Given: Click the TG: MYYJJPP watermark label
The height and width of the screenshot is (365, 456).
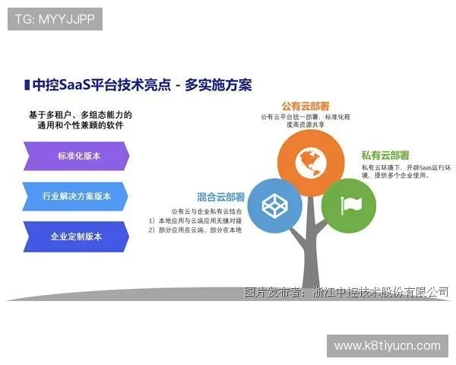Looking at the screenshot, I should [55, 19].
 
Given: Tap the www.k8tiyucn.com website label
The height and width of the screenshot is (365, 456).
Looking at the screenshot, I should [387, 346].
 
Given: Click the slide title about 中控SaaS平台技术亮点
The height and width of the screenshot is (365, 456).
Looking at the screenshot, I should [141, 84].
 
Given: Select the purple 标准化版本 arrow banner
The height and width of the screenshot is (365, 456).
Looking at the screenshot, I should [77, 157].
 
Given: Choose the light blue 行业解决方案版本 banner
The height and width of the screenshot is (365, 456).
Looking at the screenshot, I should [77, 196].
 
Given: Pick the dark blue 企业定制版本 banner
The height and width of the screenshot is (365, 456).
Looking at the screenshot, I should [76, 236].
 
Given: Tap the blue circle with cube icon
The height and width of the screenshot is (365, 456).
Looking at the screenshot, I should [274, 205].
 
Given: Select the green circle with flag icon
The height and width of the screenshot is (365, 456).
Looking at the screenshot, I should [348, 205].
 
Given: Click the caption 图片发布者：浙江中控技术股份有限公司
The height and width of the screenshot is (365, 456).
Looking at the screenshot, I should [346, 292].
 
